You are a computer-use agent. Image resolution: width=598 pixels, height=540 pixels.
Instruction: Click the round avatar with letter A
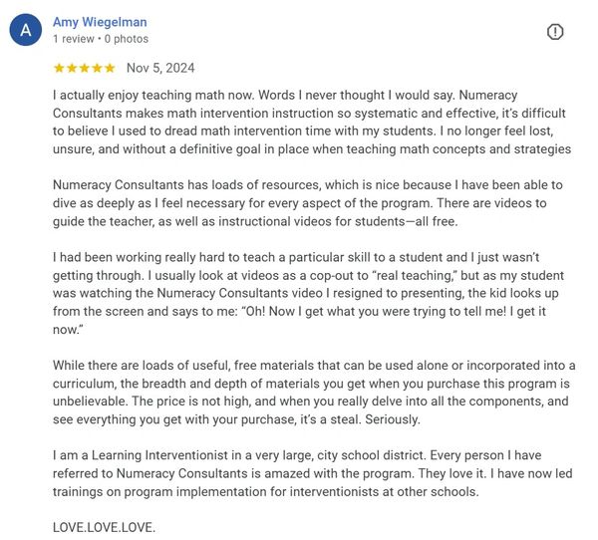click(x=26, y=31)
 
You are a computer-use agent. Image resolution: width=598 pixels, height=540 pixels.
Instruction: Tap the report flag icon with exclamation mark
click(x=555, y=32)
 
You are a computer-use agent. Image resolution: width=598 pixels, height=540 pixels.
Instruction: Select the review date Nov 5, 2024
click(x=160, y=68)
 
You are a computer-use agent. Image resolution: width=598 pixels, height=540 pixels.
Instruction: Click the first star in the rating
click(x=59, y=68)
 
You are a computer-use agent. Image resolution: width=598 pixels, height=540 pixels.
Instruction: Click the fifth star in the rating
click(x=110, y=68)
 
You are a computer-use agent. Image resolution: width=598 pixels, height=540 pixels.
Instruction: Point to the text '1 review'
click(x=73, y=39)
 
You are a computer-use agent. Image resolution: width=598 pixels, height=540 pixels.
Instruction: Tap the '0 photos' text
click(x=127, y=39)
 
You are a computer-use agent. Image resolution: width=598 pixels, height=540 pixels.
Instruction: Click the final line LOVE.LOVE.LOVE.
click(x=104, y=526)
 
